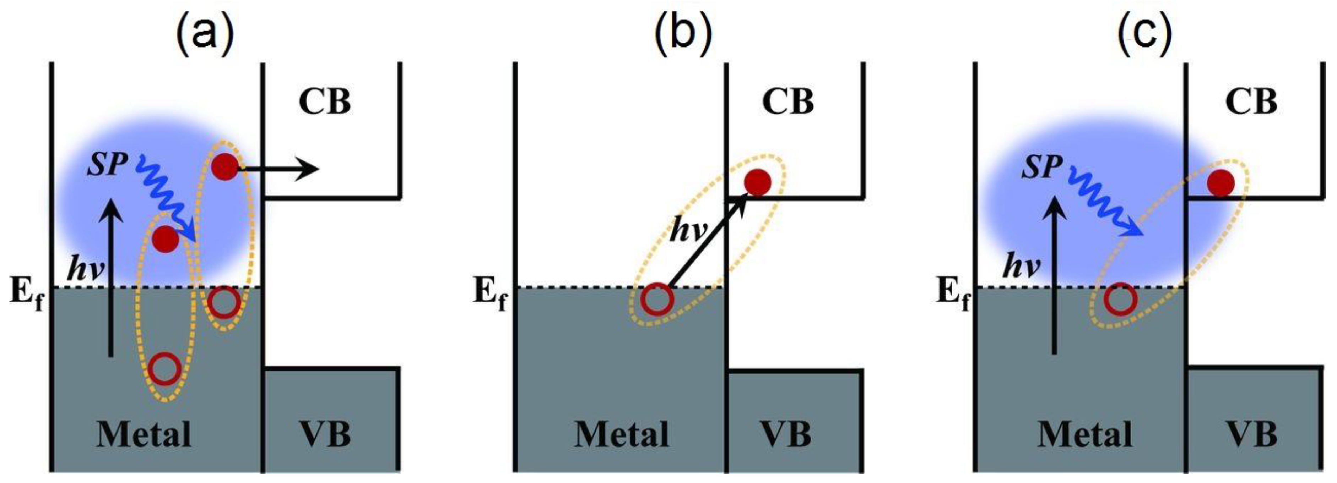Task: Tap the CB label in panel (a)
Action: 324,102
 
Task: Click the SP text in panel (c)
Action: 1041,168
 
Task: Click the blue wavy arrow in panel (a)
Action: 166,200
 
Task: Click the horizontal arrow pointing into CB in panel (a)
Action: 280,169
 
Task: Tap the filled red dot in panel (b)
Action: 757,183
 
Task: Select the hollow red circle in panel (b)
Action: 656,299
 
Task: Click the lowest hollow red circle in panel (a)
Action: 164,368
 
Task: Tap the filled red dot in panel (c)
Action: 1220,183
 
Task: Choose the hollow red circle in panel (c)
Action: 1120,299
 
